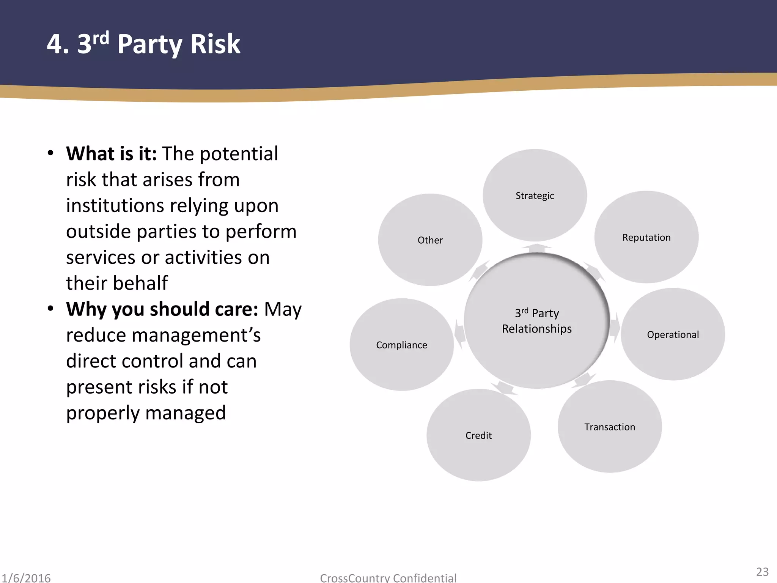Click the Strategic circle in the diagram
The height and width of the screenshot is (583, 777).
pos(535,195)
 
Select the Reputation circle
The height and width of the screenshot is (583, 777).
pos(646,237)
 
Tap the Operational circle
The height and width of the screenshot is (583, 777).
pos(673,334)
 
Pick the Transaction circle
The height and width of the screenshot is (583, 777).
pos(609,427)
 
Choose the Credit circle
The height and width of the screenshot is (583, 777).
pos(478,435)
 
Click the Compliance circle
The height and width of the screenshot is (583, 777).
pos(401,345)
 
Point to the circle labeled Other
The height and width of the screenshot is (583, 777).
pos(430,240)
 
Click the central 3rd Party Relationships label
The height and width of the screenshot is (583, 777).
pos(536,321)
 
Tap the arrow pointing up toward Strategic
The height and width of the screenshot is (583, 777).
pos(536,248)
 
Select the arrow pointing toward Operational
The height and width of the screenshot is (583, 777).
pos(615,327)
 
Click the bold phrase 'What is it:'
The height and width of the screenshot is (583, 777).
pos(111,154)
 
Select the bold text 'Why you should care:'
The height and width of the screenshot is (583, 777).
pos(162,309)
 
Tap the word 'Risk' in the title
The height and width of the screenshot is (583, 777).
pos(215,44)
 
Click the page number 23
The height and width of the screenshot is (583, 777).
pos(762,572)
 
